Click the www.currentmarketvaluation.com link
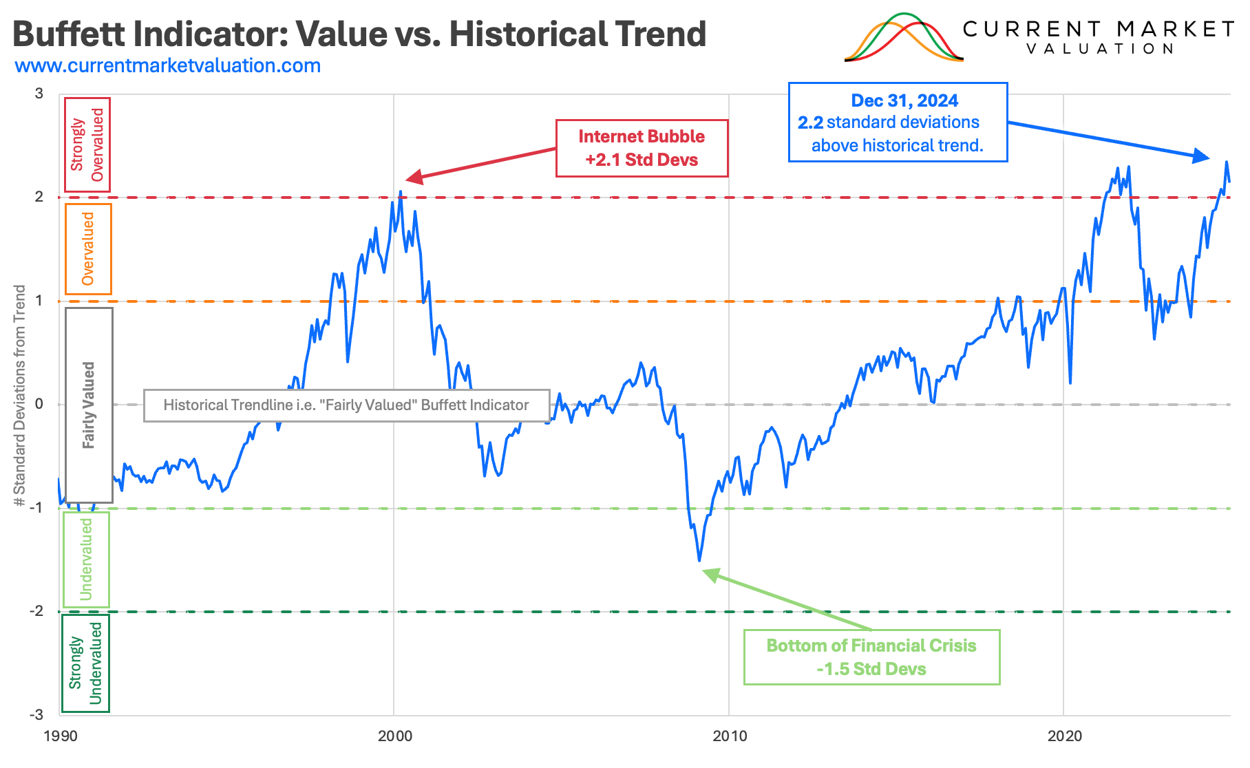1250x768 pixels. pyautogui.click(x=168, y=66)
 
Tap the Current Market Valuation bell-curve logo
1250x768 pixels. pyautogui.click(x=903, y=38)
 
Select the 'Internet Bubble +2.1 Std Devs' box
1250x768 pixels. pyautogui.click(x=642, y=148)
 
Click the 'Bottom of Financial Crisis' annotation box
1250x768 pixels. pyautogui.click(x=871, y=657)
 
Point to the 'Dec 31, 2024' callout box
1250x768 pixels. pyautogui.click(x=897, y=122)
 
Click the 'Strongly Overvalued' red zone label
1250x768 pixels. pyautogui.click(x=87, y=145)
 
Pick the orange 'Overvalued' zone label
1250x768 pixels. pyautogui.click(x=88, y=248)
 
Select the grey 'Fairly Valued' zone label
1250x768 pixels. pyautogui.click(x=89, y=405)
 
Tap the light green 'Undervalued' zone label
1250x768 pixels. pyautogui.click(x=86, y=559)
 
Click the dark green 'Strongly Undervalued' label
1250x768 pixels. pyautogui.click(x=85, y=663)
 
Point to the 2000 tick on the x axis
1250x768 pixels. pyautogui.click(x=394, y=736)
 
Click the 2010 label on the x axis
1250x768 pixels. pyautogui.click(x=730, y=736)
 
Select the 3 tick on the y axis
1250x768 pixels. pyautogui.click(x=39, y=94)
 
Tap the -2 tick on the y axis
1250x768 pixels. pyautogui.click(x=36, y=611)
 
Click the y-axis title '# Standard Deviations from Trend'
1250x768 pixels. pyautogui.click(x=19, y=396)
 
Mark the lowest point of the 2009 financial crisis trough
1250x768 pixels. pyautogui.click(x=699, y=560)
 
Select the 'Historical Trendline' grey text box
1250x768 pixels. pyautogui.click(x=346, y=405)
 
